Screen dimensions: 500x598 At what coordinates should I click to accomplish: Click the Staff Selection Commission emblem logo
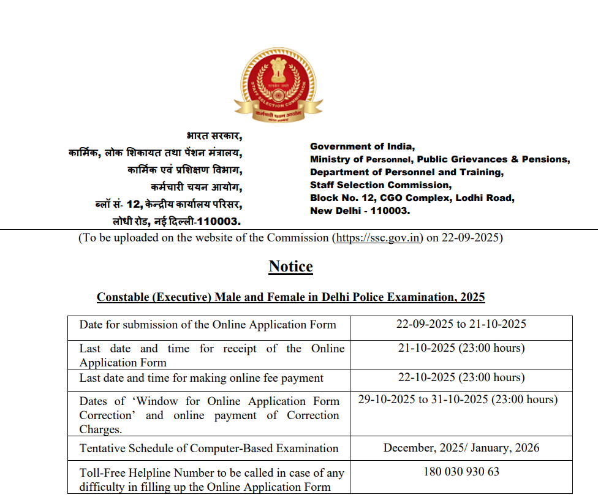point(279,85)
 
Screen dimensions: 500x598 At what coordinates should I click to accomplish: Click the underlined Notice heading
point(290,267)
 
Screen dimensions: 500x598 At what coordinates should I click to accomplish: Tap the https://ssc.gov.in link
point(378,238)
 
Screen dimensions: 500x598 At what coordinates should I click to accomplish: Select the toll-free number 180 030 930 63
point(461,472)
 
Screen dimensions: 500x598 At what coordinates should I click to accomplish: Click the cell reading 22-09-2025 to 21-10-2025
point(461,324)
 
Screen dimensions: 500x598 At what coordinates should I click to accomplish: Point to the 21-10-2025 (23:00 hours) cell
point(461,348)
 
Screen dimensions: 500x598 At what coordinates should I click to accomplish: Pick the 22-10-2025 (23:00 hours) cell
point(461,377)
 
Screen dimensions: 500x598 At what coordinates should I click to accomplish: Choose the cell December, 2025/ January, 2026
point(461,447)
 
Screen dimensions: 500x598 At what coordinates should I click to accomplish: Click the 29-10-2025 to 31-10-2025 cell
point(458,400)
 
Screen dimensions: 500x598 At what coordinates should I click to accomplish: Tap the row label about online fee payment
point(201,378)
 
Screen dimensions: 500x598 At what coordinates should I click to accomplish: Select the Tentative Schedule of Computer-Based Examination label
point(208,449)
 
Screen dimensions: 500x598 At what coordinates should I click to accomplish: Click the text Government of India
point(362,146)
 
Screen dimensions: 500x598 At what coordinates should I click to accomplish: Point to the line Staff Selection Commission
point(380,185)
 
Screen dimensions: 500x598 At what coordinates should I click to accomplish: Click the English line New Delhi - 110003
point(360,211)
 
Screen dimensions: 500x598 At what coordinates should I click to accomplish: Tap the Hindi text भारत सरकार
point(214,135)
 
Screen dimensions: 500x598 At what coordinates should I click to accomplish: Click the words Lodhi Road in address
point(488,198)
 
